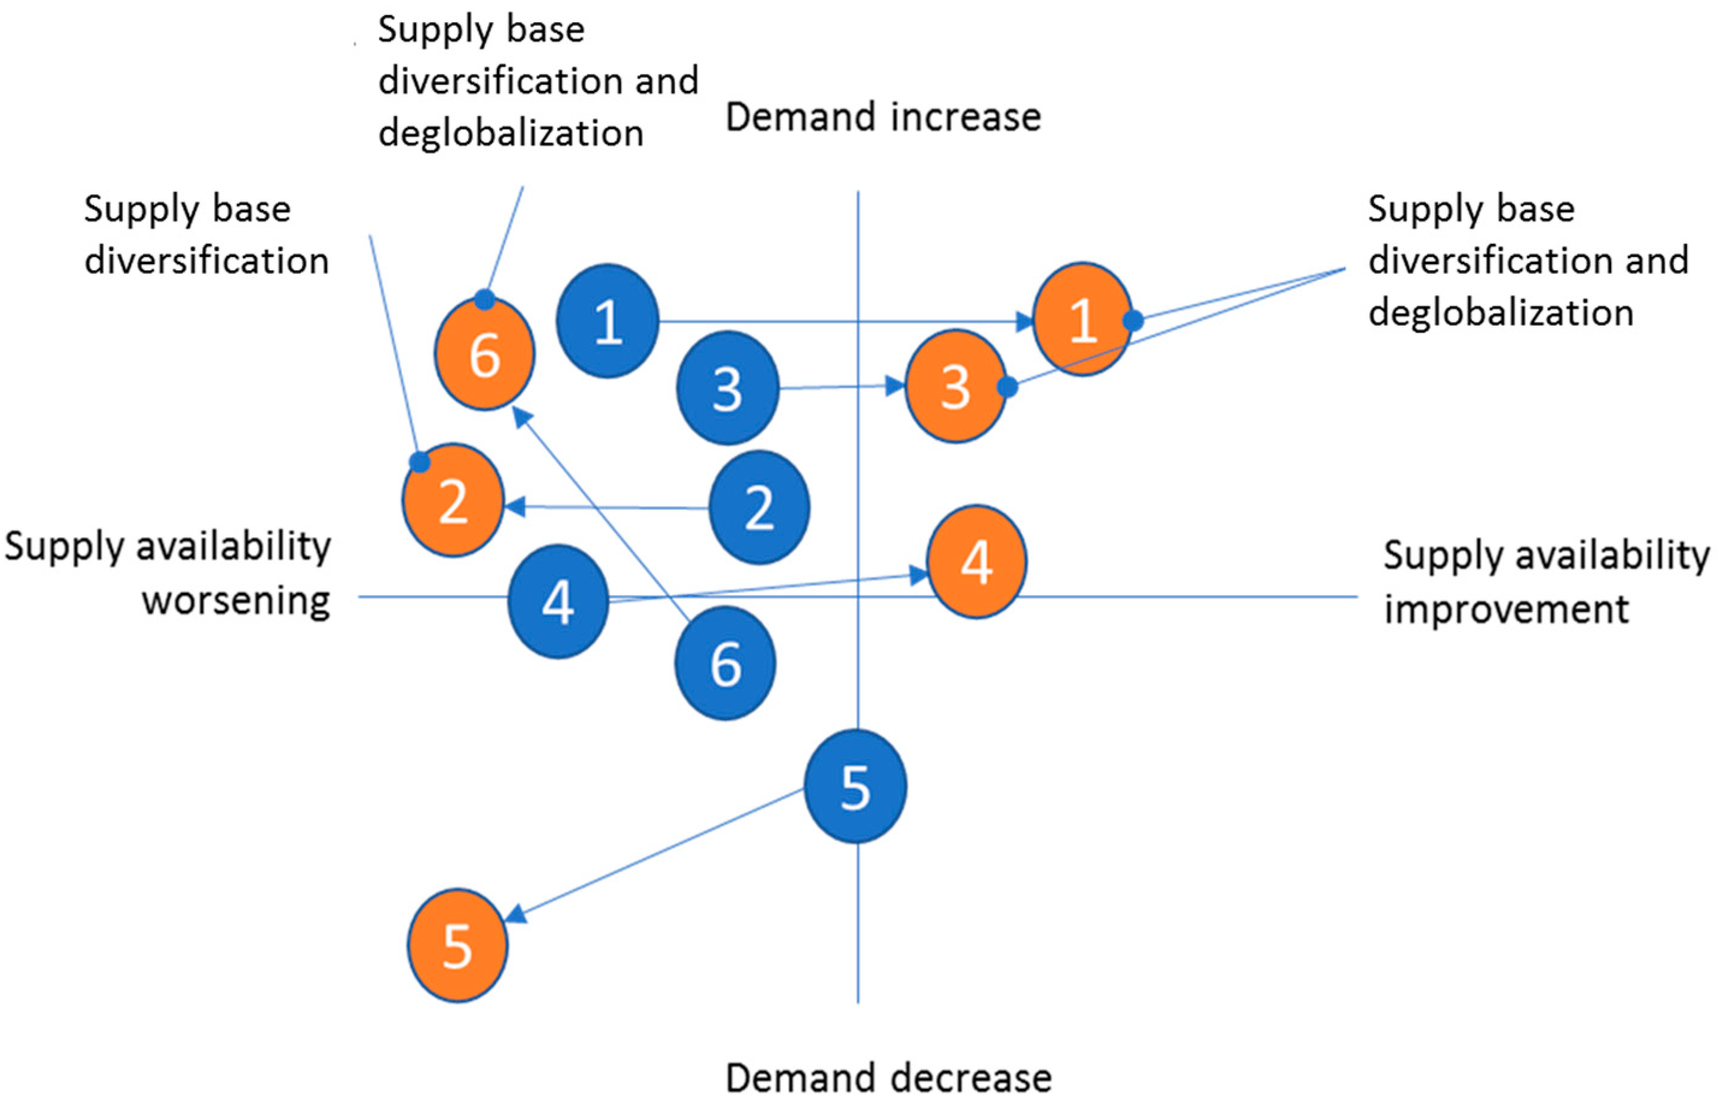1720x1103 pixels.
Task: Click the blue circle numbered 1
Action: (607, 320)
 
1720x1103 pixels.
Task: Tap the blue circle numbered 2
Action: (759, 507)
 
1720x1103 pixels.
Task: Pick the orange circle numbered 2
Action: (452, 500)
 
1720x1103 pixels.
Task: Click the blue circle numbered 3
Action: (727, 388)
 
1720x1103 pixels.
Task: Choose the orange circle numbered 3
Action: (955, 387)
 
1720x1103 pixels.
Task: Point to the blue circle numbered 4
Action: (558, 601)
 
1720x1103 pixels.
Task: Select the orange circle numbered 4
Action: (977, 561)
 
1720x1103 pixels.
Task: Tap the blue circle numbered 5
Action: (855, 786)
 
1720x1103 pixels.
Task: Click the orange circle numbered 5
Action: (457, 945)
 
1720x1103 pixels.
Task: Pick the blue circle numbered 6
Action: (725, 663)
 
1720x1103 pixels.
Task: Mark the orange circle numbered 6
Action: (484, 354)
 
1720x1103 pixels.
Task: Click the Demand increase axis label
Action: (883, 117)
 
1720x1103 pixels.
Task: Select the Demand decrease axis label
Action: (888, 1077)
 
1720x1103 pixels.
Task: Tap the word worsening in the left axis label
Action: (236, 600)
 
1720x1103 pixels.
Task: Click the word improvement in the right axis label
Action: (1506, 609)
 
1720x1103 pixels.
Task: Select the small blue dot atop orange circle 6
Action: (485, 300)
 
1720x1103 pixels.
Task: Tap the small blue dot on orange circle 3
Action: (1007, 387)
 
